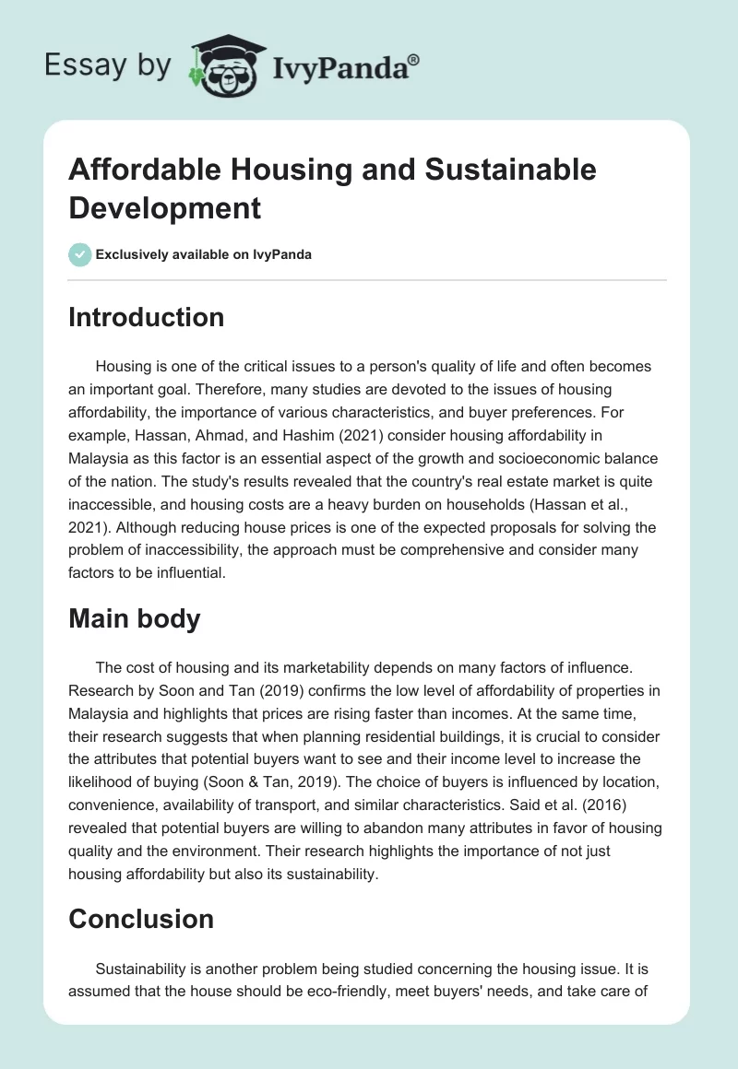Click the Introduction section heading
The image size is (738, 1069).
click(x=147, y=317)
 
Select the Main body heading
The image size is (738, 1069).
click(x=135, y=618)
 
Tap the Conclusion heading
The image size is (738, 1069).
click(x=141, y=919)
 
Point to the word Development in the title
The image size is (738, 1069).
click(x=165, y=207)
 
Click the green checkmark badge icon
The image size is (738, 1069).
click(x=80, y=254)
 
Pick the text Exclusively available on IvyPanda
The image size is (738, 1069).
click(x=205, y=254)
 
